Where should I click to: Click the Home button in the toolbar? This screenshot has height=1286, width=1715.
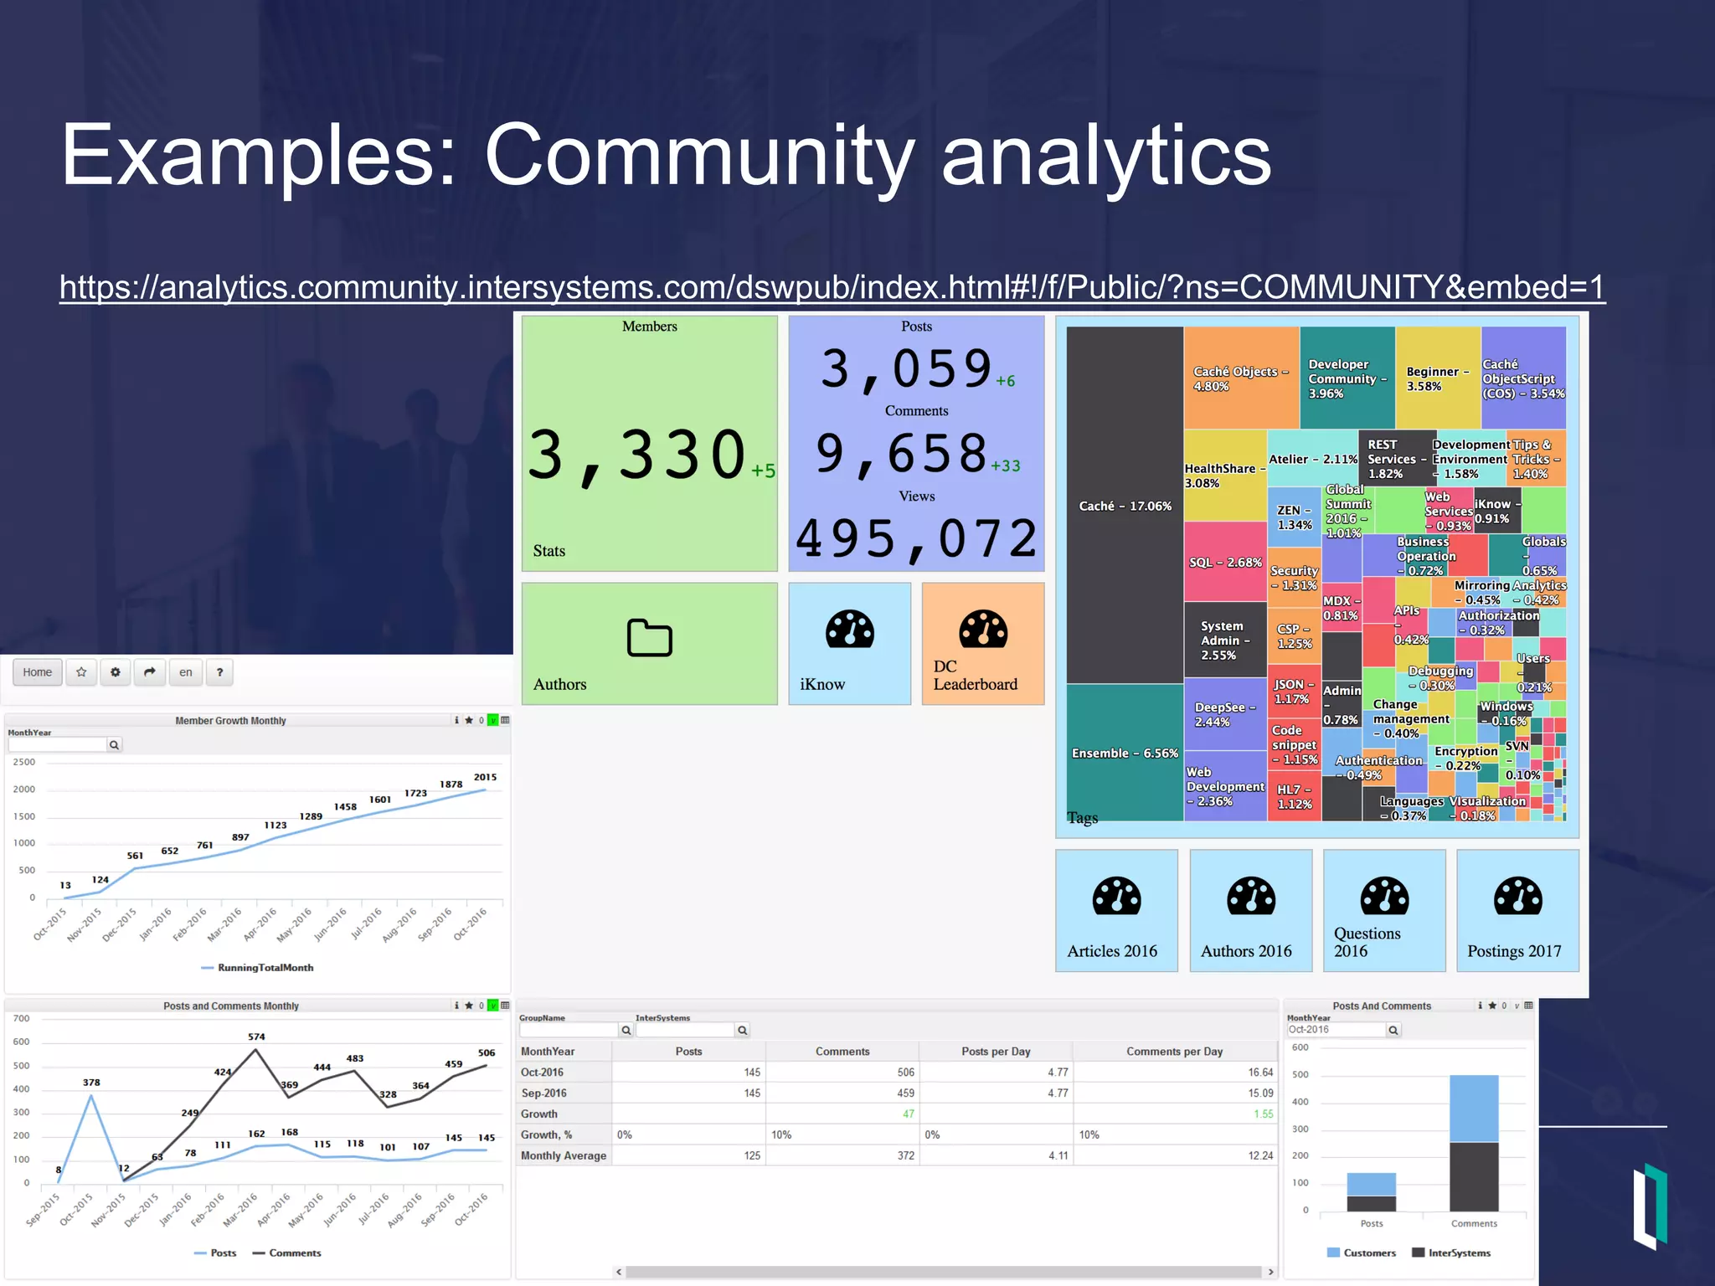coord(38,672)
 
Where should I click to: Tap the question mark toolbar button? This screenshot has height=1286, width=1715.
coord(219,672)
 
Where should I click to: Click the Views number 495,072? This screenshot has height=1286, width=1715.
coord(916,538)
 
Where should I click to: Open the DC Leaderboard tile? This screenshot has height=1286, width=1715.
coord(982,644)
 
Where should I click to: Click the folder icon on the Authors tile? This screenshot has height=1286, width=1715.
coord(649,639)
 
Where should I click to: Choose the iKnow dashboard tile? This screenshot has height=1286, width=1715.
coord(849,644)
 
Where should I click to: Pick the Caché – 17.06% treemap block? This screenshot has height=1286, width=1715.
coord(1125,506)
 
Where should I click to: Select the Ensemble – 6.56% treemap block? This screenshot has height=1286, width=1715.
coord(1125,753)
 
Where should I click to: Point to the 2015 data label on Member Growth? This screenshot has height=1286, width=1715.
coord(485,777)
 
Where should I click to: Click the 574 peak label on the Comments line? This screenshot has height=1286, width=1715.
coord(256,1037)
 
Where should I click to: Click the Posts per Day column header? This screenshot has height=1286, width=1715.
coord(995,1052)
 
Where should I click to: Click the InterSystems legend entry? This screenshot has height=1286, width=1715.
coord(1459,1253)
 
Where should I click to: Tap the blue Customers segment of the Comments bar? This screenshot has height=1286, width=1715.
coord(1473,1109)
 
